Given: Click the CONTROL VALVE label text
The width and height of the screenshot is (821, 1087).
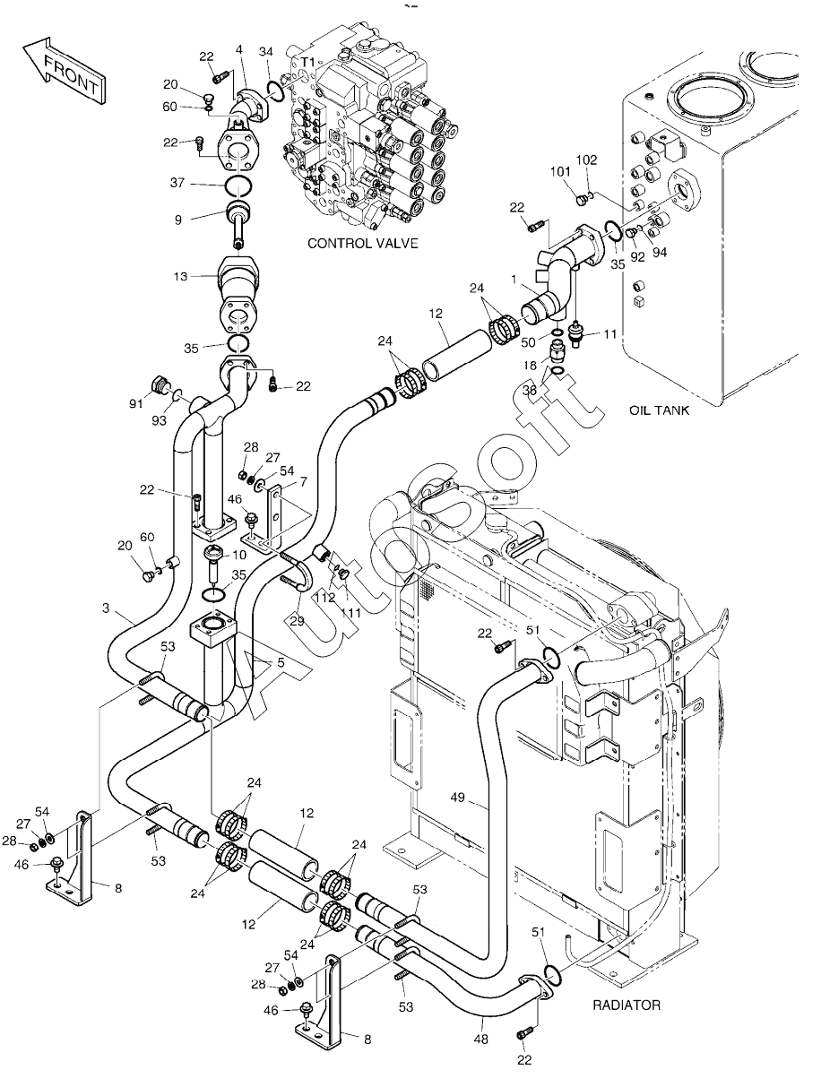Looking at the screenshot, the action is [x=362, y=243].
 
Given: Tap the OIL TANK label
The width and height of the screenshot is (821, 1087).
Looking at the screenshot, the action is [x=659, y=410].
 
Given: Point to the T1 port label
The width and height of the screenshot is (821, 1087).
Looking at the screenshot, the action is [x=308, y=62].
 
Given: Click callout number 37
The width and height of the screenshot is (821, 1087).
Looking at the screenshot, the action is [x=177, y=183].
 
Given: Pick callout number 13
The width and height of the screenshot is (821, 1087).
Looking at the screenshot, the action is [x=181, y=276].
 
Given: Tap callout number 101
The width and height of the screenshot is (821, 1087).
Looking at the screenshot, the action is [x=560, y=171].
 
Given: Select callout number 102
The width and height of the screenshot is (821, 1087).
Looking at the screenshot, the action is [x=587, y=160].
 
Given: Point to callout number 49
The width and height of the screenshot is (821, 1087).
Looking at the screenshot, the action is [x=457, y=798].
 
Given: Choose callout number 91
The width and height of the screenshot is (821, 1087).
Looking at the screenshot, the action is [x=135, y=403].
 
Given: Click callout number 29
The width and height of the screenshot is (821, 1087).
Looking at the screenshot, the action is [x=297, y=619].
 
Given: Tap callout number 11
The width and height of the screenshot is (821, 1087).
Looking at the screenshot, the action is [x=610, y=334].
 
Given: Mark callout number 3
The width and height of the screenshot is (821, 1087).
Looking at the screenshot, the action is [x=106, y=608].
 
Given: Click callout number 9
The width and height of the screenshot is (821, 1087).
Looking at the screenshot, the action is [x=178, y=220].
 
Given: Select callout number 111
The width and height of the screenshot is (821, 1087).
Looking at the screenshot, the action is [x=350, y=613].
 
